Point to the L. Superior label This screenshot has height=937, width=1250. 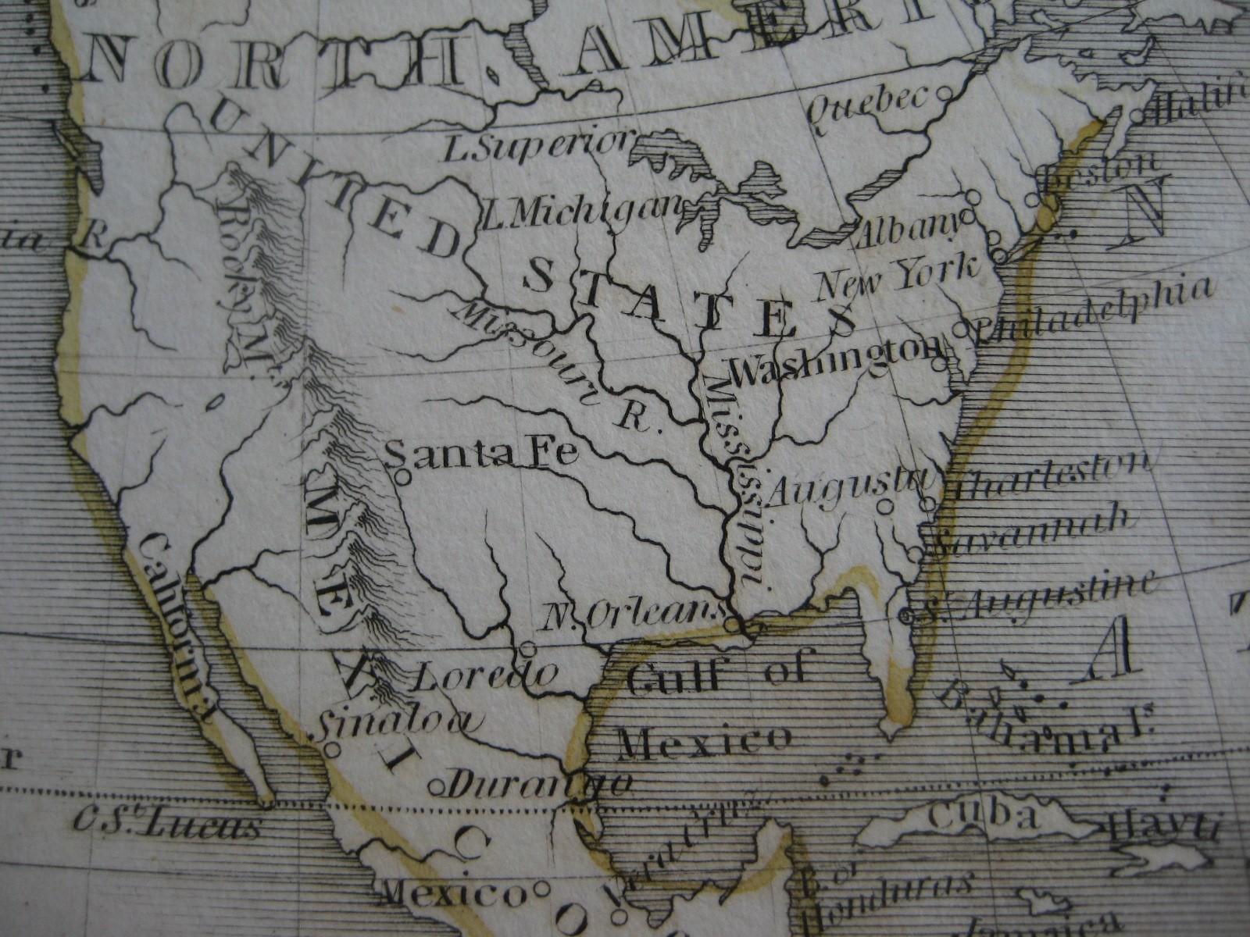coord(536,145)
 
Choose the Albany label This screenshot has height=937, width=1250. coord(908,229)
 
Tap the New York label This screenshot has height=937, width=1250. coord(898,277)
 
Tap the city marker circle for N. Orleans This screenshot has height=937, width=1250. coord(731,624)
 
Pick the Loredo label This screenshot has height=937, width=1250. coord(484,674)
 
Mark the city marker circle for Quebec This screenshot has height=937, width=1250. coord(944,93)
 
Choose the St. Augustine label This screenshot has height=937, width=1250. coord(1039,598)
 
